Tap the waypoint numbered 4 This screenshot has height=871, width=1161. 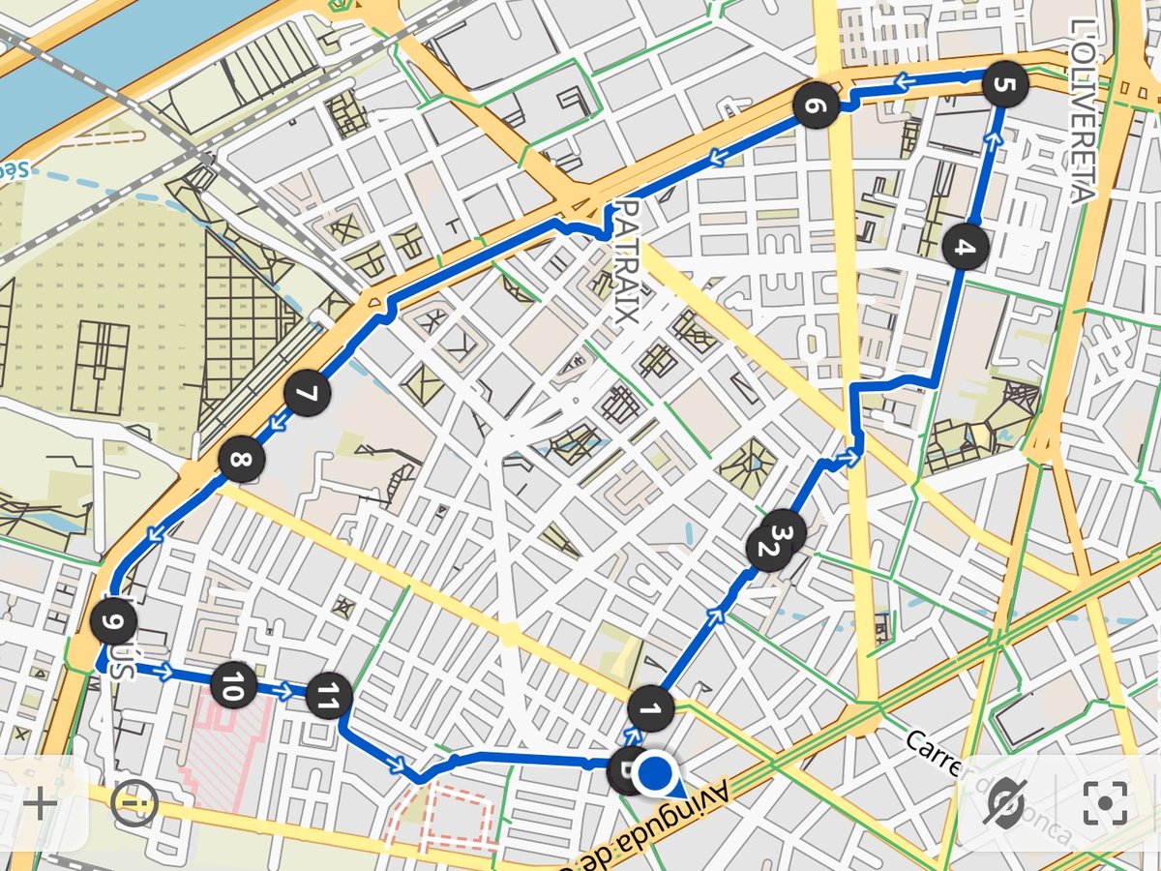coord(964,247)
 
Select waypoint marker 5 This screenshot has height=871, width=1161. coord(1003,85)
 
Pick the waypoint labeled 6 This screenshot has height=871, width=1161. coord(815,106)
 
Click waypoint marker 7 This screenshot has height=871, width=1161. coord(308,395)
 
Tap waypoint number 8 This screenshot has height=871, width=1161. coord(239,461)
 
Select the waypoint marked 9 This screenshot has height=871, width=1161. coord(112,621)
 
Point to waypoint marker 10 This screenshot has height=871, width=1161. coord(233,685)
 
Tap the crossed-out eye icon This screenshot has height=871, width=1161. coord(1005,802)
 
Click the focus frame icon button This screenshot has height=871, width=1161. coord(1106,802)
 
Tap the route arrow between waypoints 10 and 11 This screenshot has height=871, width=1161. coord(283,691)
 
